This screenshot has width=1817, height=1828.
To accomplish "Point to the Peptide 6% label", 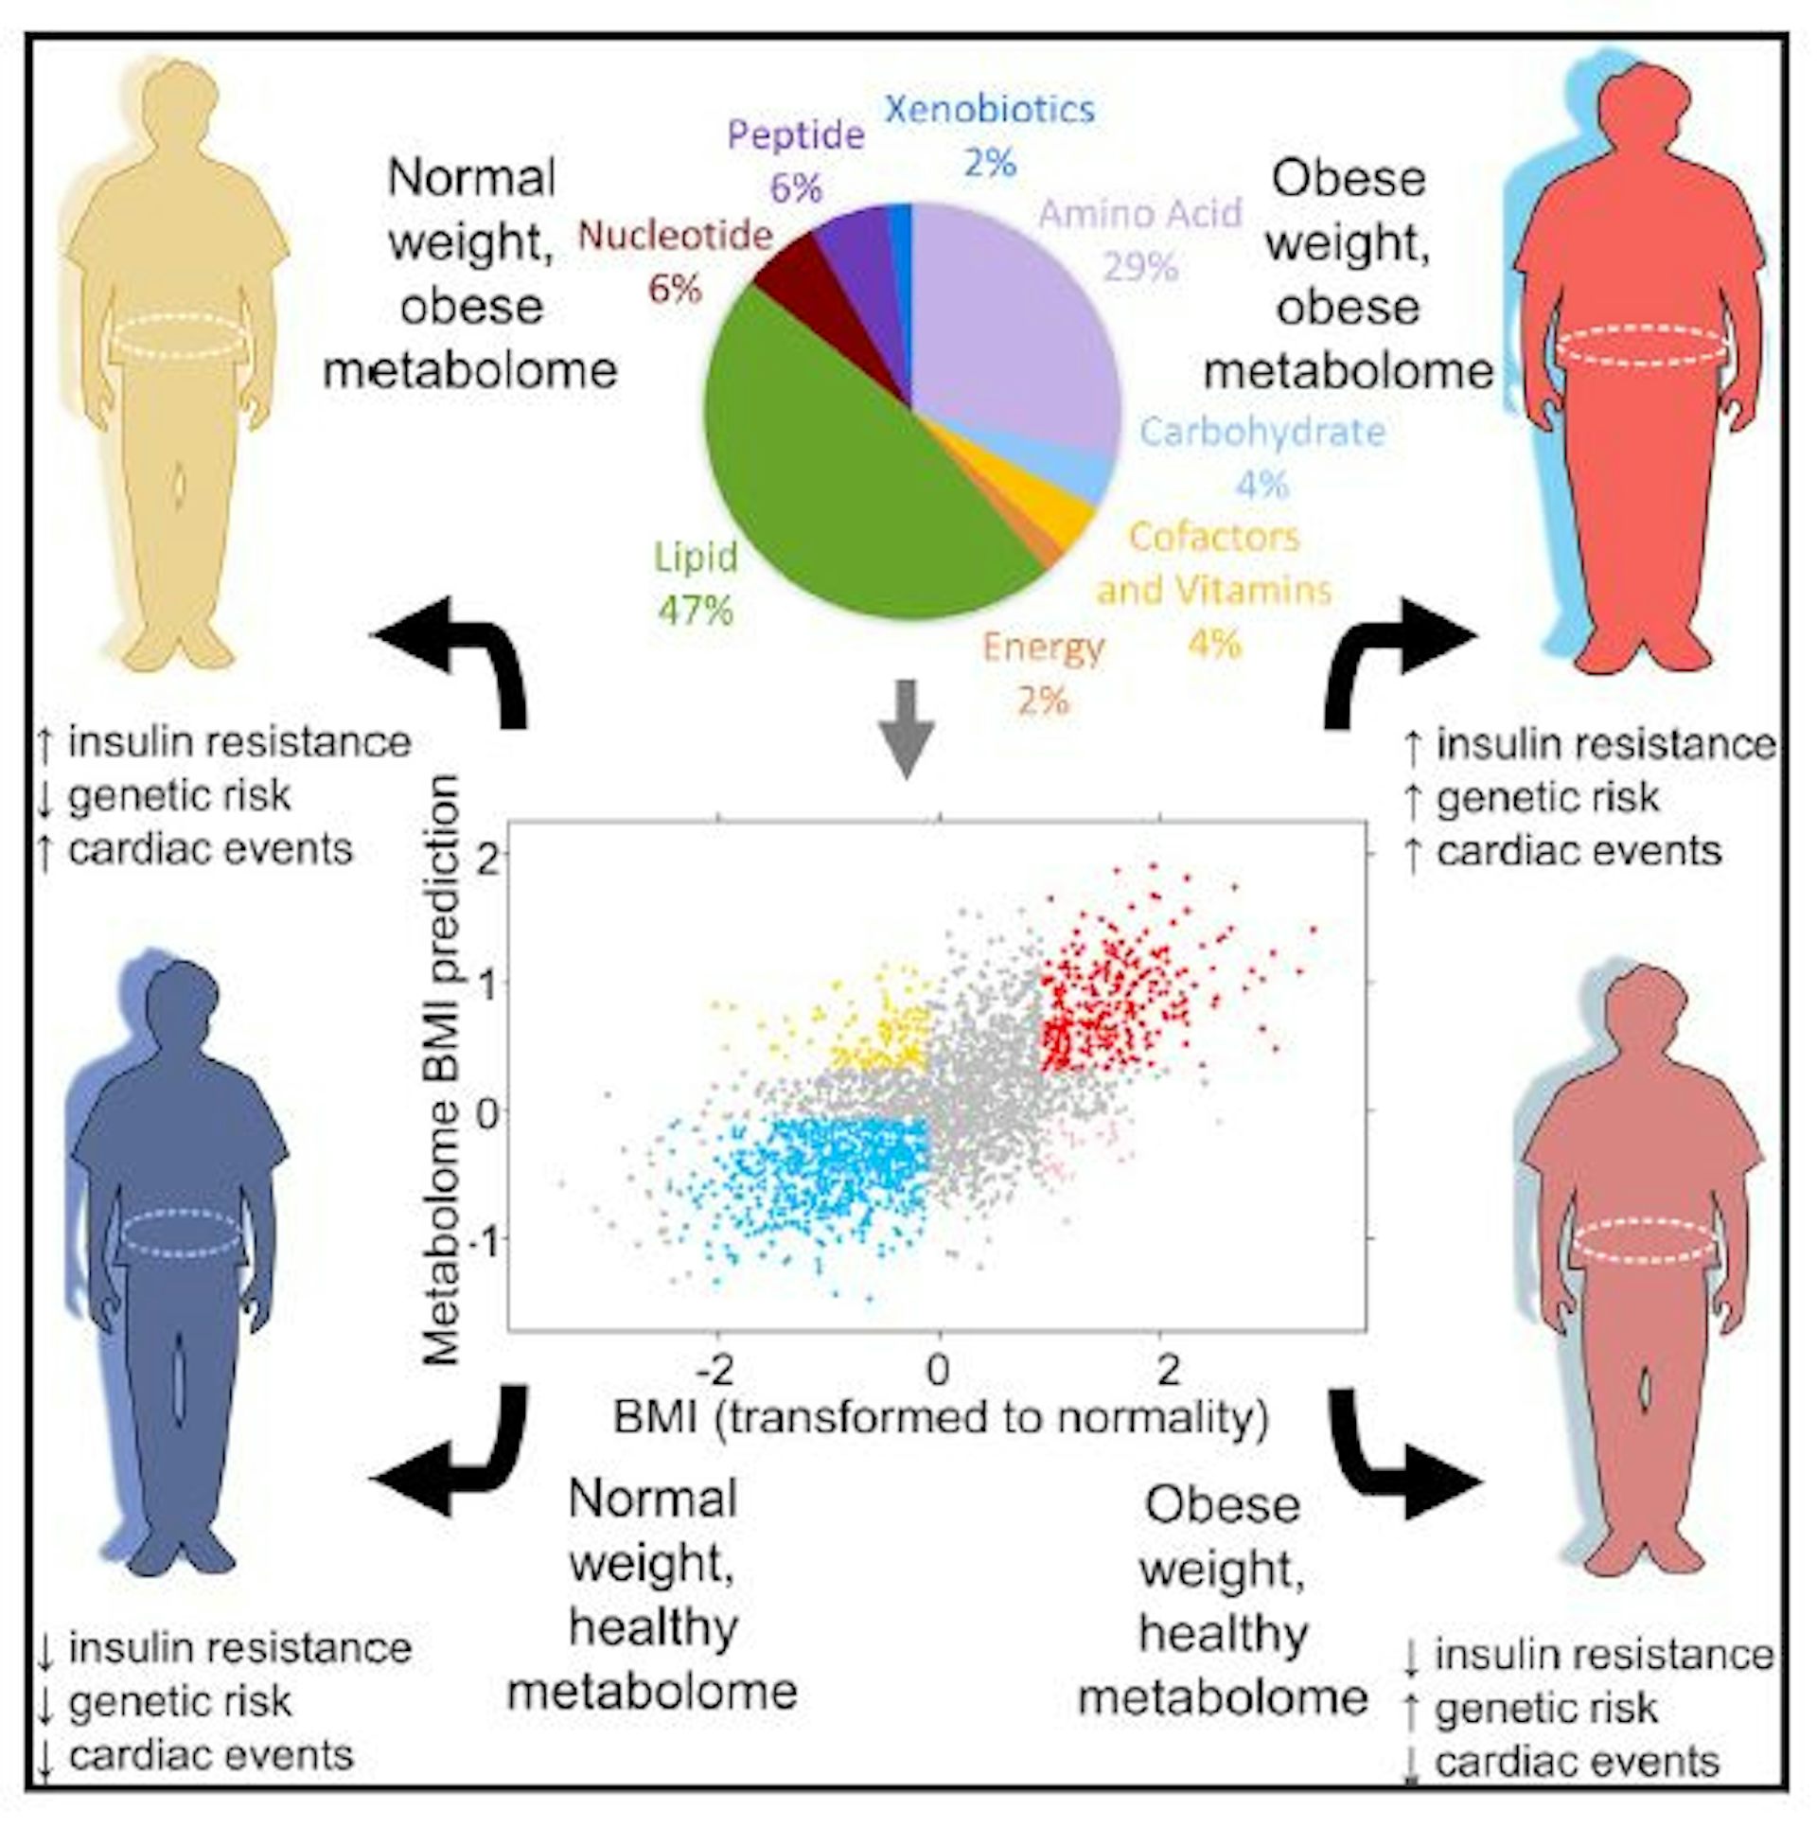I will pyautogui.click(x=795, y=161).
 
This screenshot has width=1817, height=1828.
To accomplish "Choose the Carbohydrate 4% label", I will pyautogui.click(x=1262, y=456).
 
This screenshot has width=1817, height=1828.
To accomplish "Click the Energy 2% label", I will pyautogui.click(x=1043, y=674).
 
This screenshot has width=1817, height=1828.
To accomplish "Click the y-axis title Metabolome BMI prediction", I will pyautogui.click(x=440, y=1070).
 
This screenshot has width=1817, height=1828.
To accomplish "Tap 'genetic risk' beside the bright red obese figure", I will pyautogui.click(x=1547, y=798).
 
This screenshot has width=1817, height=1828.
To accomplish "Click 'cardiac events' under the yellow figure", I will pyautogui.click(x=210, y=849).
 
